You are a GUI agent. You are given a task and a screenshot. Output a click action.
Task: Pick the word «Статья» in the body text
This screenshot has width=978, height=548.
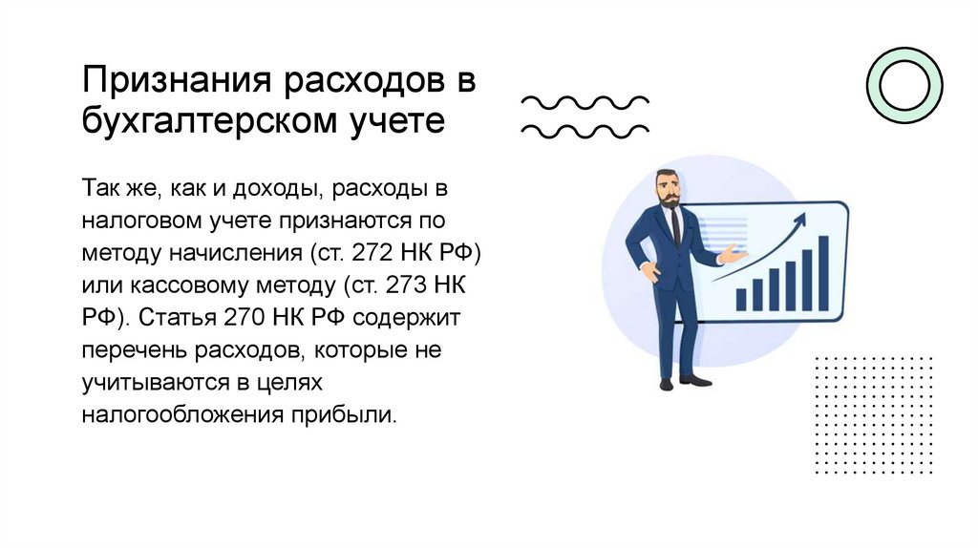pyautogui.click(x=172, y=317)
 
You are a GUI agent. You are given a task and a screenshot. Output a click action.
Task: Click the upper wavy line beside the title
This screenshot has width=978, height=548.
pyautogui.click(x=584, y=100)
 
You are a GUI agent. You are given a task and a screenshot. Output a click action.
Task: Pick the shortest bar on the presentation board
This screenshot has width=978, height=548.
pyautogui.click(x=740, y=300)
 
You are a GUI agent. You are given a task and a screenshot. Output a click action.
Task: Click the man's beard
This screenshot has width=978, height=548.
pyautogui.click(x=669, y=200)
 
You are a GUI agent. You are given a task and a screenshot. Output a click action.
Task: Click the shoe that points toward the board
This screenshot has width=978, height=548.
pyautogui.click(x=696, y=380)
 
